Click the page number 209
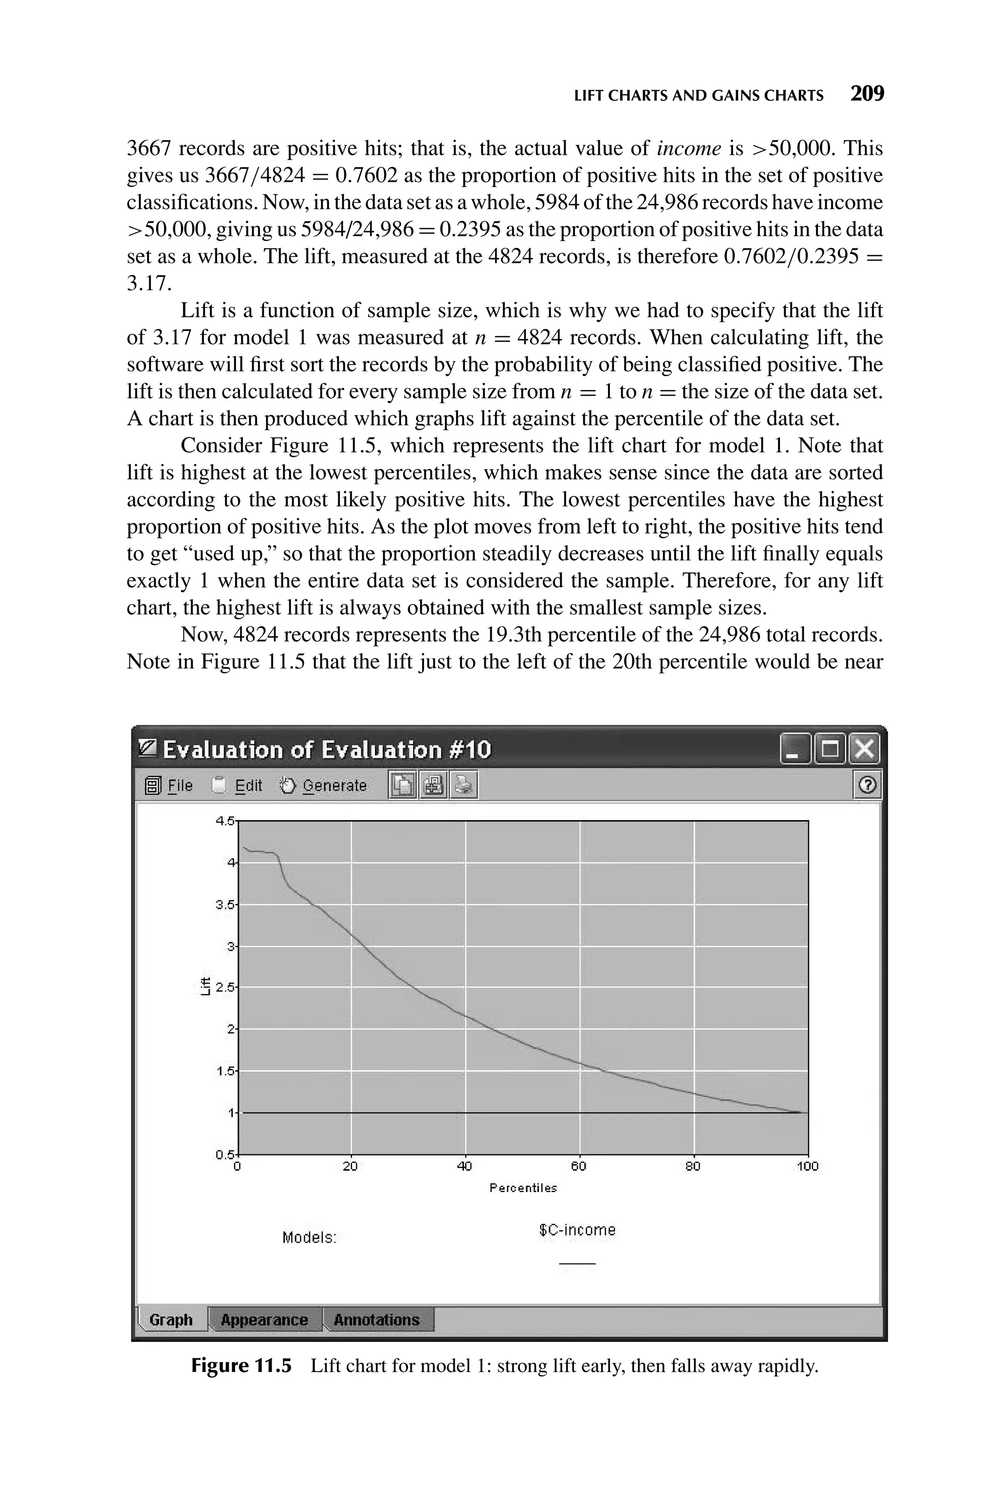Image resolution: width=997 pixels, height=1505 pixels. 868,94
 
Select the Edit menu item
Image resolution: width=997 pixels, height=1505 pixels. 248,786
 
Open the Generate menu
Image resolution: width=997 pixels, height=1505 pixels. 334,786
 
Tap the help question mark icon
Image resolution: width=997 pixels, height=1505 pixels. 868,786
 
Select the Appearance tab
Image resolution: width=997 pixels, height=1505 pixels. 264,1320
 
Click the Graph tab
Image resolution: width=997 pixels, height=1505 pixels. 171,1320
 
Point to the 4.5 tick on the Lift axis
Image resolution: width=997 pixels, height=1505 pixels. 225,821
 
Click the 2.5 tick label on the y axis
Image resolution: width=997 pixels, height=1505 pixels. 225,988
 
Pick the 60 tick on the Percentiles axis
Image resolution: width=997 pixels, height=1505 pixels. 579,1166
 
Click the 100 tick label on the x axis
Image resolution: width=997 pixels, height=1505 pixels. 808,1166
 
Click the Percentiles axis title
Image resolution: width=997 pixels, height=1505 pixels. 523,1188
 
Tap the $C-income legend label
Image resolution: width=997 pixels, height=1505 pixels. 577,1230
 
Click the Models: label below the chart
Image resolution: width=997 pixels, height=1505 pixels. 309,1237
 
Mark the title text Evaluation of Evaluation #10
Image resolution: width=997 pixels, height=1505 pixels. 327,750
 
